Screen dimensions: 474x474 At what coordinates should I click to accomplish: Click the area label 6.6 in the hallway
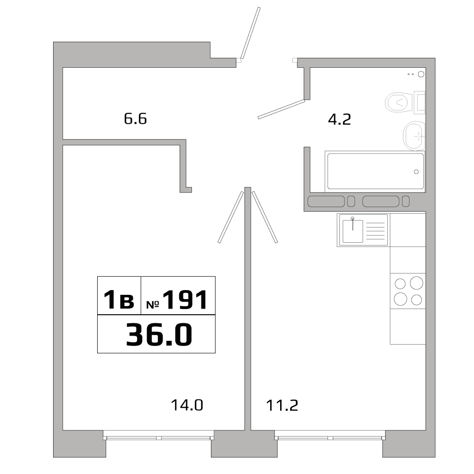(136, 118)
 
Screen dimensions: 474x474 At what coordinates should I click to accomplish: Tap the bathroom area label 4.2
(339, 119)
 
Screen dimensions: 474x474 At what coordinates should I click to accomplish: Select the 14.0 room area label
(187, 405)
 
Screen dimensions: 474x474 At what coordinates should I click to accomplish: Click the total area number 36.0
(159, 335)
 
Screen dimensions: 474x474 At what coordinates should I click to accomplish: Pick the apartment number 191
(185, 300)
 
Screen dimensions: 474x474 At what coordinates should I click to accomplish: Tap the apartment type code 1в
(119, 301)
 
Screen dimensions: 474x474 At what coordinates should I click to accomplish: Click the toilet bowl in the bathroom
(398, 101)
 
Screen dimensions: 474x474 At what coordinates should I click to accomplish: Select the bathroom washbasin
(414, 136)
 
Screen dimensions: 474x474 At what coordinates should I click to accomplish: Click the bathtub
(374, 171)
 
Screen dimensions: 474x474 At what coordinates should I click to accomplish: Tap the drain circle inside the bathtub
(416, 172)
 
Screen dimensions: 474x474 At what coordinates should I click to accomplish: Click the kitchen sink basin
(353, 231)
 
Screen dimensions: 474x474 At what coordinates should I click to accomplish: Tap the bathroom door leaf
(281, 109)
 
